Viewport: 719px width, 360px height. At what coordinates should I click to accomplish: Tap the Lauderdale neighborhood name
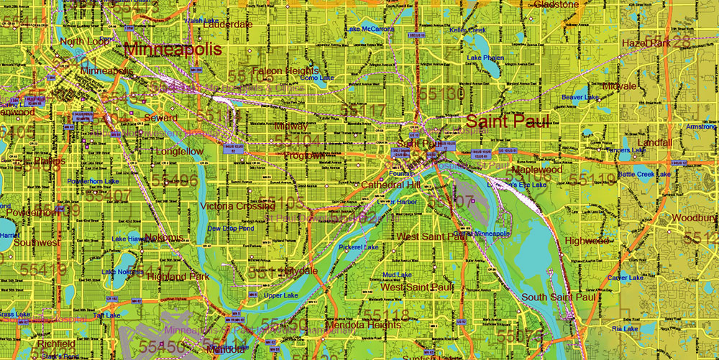point(228,24)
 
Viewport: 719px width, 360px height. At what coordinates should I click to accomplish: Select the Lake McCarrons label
point(370,29)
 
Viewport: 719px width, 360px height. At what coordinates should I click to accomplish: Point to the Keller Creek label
point(468,30)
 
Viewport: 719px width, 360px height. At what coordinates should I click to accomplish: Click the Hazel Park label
point(646,43)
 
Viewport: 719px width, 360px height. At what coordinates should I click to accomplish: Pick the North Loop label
point(84,42)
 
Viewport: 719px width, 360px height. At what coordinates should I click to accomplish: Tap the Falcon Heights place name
point(285,70)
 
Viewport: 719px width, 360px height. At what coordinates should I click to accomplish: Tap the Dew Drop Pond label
point(230,229)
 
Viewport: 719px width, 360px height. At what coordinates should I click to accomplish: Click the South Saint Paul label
point(559,297)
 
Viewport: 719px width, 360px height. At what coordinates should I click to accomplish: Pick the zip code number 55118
point(385,315)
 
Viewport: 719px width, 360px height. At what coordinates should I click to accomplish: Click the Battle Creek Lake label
point(644,174)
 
